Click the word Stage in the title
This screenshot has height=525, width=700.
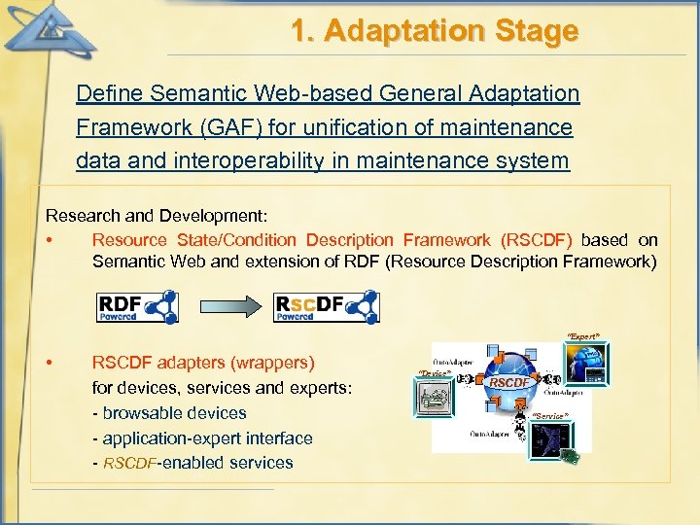point(532,31)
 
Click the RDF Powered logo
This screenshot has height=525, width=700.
point(137,306)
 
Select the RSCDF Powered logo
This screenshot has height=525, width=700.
point(326,306)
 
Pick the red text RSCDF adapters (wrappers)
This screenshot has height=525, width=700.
point(203,363)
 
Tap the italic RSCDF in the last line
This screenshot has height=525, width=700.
point(128,463)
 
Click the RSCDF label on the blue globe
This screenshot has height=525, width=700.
point(509,383)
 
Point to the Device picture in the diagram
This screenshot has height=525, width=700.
point(437,400)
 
